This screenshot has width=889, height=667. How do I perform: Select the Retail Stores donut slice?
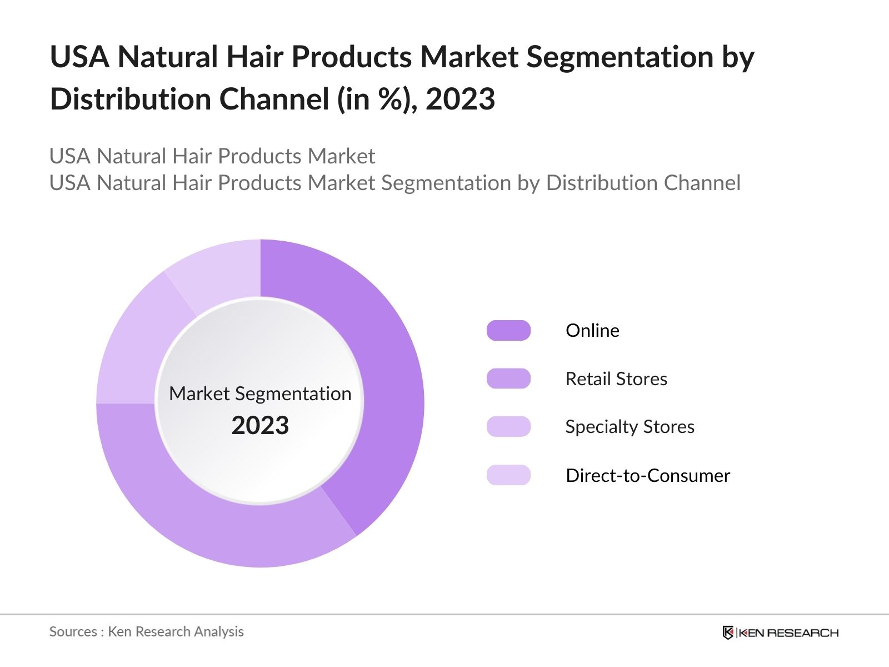[222, 522]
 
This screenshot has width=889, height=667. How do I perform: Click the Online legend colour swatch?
[508, 330]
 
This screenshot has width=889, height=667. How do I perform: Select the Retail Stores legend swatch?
[508, 379]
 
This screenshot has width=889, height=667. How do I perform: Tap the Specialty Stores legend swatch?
[508, 426]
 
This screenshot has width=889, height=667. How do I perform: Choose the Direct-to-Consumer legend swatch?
[508, 475]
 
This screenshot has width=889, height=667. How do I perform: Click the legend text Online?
[592, 330]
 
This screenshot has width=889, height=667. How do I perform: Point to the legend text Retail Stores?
[616, 379]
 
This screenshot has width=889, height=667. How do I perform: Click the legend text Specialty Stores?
[630, 426]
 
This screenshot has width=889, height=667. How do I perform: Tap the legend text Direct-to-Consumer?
[648, 475]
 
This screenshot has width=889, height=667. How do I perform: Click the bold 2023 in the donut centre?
[260, 425]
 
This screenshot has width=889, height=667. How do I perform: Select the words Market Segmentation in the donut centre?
[260, 394]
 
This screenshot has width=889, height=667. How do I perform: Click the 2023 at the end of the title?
[460, 99]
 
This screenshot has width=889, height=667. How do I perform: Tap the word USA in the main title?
[79, 57]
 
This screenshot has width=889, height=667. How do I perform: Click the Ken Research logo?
[780, 633]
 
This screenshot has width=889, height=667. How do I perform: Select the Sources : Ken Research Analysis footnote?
[147, 631]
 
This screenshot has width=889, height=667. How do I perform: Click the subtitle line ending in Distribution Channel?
[394, 183]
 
